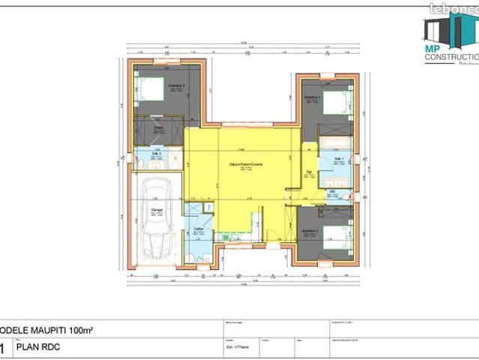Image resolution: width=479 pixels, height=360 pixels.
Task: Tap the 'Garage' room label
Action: click(x=157, y=210)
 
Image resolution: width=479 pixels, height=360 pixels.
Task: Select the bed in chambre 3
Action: click(x=150, y=88)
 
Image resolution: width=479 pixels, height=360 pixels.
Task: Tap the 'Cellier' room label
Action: click(x=199, y=228)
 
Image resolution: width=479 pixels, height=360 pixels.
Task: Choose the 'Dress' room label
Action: click(x=159, y=127)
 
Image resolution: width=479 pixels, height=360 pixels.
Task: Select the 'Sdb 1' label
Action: click(x=337, y=159)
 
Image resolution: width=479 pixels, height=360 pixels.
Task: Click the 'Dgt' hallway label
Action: click(x=309, y=172)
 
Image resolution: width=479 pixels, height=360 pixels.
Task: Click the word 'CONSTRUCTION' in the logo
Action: click(x=454, y=56)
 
